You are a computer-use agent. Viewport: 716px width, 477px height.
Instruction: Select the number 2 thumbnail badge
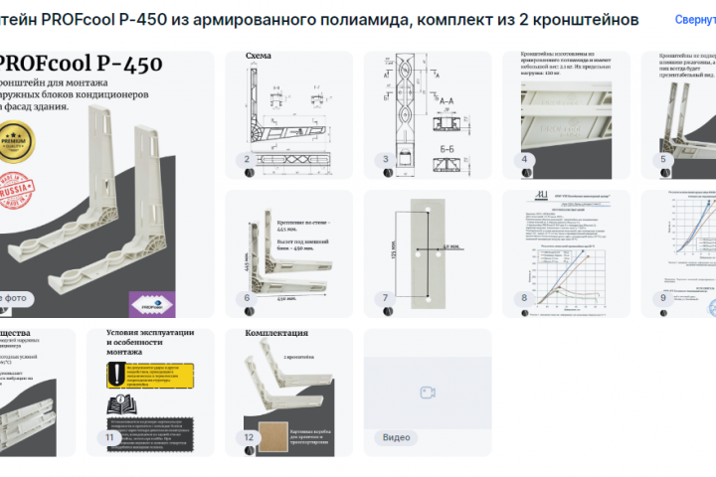click(x=246, y=159)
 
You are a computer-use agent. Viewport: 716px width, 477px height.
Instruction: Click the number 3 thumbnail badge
click(x=384, y=159)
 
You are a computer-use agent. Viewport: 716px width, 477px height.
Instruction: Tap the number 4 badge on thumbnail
click(x=523, y=159)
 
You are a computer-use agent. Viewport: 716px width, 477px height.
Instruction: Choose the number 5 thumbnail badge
click(x=662, y=159)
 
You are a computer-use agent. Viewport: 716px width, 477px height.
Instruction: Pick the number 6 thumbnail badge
click(x=246, y=298)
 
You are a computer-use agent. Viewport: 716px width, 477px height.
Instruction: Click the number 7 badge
click(x=384, y=298)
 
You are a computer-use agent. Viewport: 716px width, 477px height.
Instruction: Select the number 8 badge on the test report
click(x=523, y=298)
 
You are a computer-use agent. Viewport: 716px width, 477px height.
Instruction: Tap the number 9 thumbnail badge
click(x=662, y=298)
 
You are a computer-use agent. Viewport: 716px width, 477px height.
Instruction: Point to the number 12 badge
click(x=248, y=437)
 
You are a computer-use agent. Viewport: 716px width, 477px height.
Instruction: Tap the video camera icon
click(x=427, y=392)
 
